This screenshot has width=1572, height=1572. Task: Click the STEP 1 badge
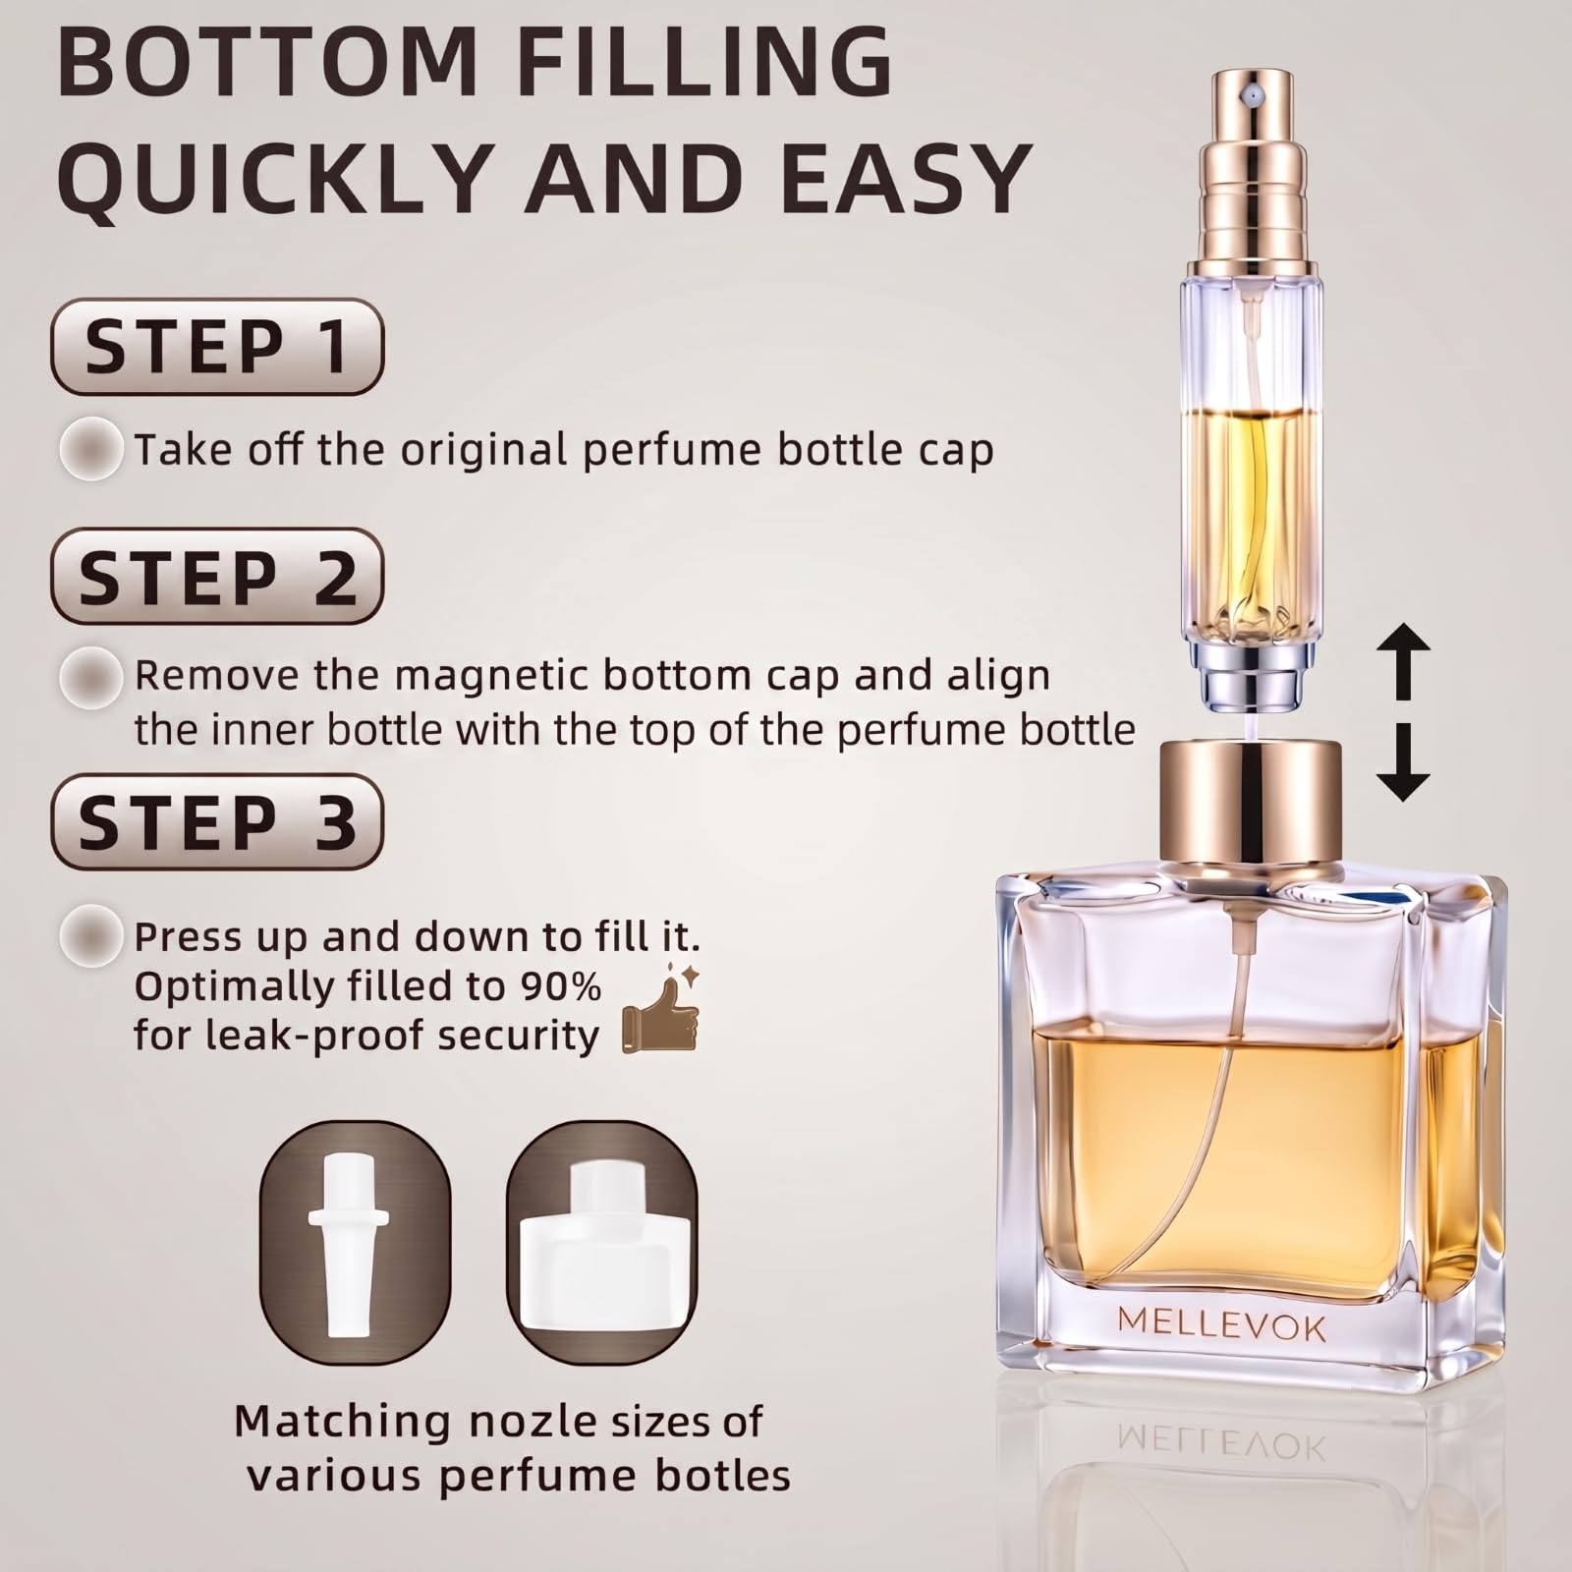click(x=216, y=347)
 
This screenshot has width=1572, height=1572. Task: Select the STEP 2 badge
click(x=216, y=577)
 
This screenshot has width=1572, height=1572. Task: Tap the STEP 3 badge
click(x=216, y=821)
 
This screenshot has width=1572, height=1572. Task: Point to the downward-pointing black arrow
click(x=1404, y=761)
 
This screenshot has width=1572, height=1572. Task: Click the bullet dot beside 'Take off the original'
click(x=91, y=448)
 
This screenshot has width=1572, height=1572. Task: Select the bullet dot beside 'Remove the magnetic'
click(x=91, y=676)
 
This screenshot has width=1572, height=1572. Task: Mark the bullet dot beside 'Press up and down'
click(x=91, y=936)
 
